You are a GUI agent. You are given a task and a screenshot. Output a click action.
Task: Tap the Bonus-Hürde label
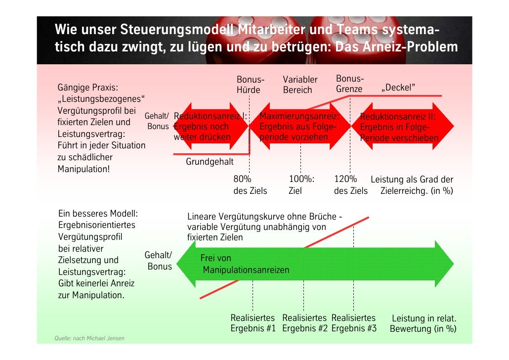(250, 85)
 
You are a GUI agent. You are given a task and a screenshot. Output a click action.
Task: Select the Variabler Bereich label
(299, 85)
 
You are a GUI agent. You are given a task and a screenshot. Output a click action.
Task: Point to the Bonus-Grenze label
(350, 84)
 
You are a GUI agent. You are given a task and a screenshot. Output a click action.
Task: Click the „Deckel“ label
(398, 88)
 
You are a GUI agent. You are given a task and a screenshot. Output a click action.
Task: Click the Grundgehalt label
(210, 162)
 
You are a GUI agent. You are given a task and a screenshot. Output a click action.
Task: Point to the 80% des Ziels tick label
(250, 185)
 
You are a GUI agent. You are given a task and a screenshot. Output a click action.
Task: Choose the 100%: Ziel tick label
(301, 185)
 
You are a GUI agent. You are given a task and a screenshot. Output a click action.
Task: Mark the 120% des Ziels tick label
(350, 185)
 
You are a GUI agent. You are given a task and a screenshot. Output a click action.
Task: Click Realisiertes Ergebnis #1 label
(253, 323)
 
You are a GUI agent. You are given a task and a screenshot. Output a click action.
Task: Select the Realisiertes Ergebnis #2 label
(304, 323)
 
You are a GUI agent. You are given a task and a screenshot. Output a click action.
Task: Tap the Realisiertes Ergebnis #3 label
(354, 323)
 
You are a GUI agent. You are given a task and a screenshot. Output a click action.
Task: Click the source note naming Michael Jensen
(89, 338)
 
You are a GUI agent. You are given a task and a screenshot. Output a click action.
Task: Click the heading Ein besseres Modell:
(98, 214)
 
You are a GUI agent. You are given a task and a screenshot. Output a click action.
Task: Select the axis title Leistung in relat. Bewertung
(424, 323)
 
